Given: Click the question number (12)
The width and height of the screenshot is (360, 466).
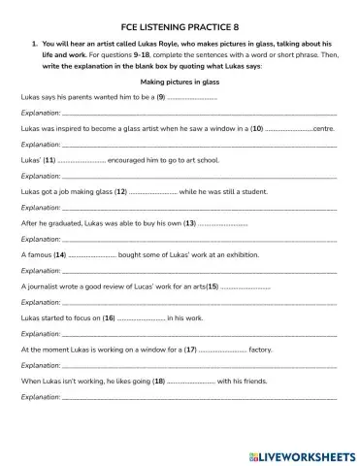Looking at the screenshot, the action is pyautogui.click(x=121, y=191).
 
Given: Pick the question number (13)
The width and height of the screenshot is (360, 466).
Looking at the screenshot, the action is pyautogui.click(x=189, y=222).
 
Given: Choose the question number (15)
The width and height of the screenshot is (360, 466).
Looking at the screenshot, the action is pyautogui.click(x=213, y=286).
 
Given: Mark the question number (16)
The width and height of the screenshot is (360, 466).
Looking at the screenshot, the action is pyautogui.click(x=109, y=317).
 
